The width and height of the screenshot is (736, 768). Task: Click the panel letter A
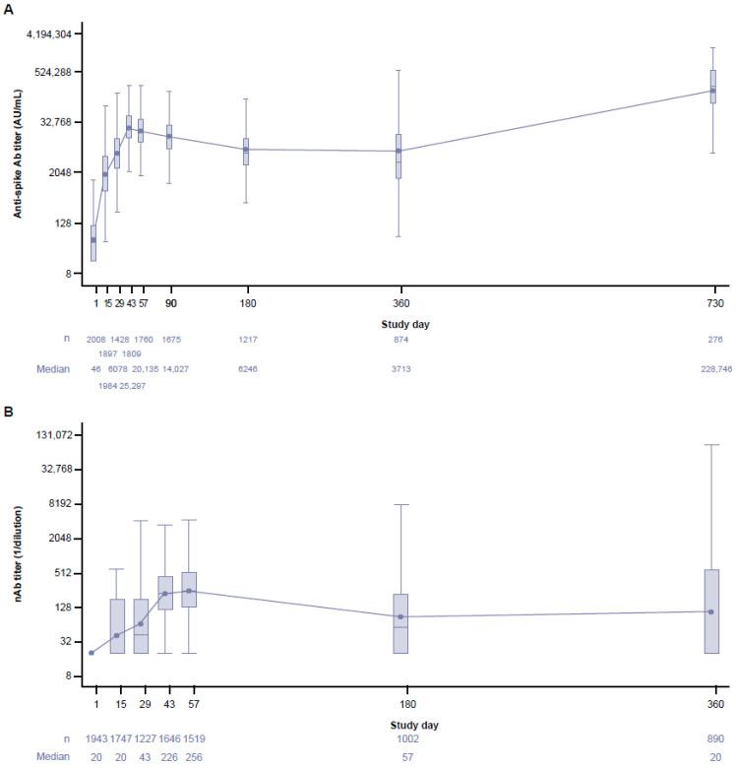pos(7,8)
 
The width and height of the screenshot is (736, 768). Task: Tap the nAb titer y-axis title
pos(18,556)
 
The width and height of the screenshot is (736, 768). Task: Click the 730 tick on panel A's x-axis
pos(713,303)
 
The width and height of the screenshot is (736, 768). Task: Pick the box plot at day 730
pos(713,87)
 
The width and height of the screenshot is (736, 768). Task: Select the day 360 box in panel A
pos(399,156)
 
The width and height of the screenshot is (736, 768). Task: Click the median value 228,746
pos(712,367)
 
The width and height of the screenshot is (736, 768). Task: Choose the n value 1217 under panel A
pos(248,340)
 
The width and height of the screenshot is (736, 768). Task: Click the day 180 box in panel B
pos(400,623)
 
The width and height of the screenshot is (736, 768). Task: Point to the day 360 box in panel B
pos(711,610)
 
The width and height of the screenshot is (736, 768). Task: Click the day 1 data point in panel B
pos(92,653)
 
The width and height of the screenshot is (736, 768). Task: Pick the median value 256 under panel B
pos(192,756)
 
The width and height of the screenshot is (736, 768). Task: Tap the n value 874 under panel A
pos(399,340)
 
